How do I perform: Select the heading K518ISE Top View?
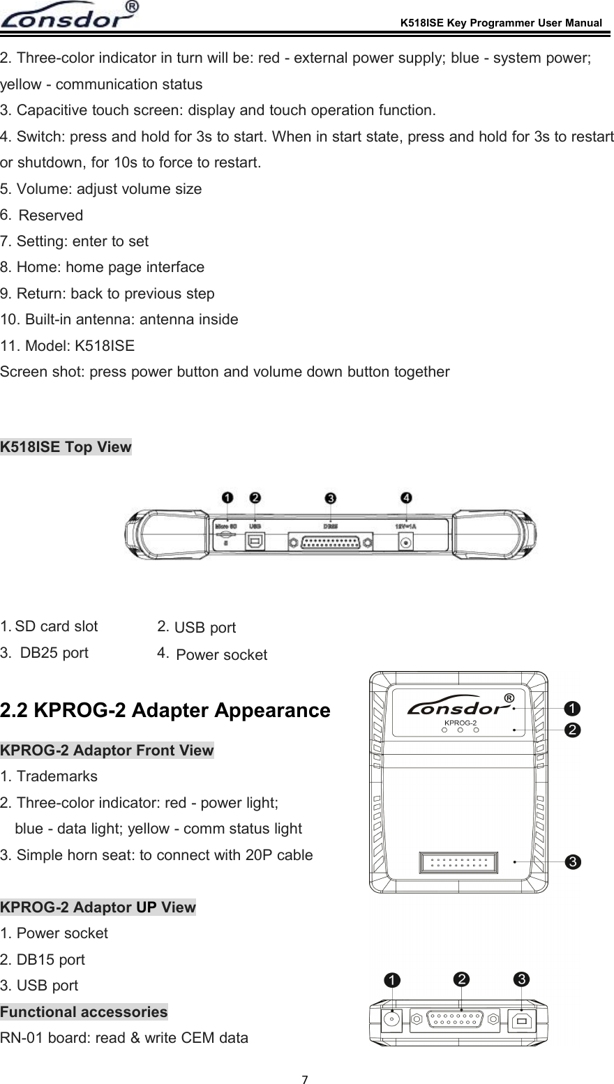point(66,447)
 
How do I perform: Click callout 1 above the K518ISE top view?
point(227,497)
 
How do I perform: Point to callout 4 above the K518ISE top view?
point(405,497)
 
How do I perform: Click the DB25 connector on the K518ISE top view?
point(331,541)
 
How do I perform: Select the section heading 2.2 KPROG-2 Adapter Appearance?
point(165,711)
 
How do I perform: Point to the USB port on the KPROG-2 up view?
point(521,1020)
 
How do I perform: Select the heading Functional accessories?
point(84,1011)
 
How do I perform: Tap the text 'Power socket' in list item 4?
point(221,655)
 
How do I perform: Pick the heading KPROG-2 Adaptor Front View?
point(107,751)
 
